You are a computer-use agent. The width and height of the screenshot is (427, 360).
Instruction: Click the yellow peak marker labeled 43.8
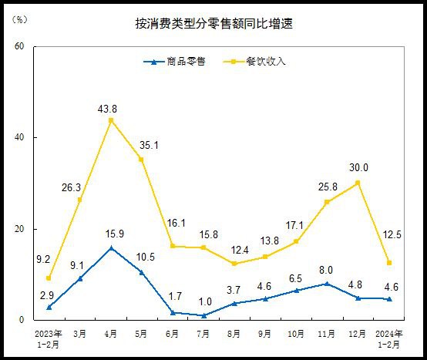111,120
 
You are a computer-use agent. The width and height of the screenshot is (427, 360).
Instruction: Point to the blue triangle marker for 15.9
111,248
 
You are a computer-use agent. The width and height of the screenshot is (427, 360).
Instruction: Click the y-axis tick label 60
20,46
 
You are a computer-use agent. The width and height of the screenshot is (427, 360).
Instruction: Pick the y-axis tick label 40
20,138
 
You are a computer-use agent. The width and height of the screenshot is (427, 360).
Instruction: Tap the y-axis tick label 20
20,229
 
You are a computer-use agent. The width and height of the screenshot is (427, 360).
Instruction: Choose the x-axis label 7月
203,334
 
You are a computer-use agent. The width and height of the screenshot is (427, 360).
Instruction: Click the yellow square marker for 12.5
388,263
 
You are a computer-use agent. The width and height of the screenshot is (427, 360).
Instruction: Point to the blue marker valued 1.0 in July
203,315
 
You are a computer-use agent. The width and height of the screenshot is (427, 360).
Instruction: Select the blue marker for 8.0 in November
327,284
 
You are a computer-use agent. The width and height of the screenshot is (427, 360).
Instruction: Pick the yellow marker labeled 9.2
49,278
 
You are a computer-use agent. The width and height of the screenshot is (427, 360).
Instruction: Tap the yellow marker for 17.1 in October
296,241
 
